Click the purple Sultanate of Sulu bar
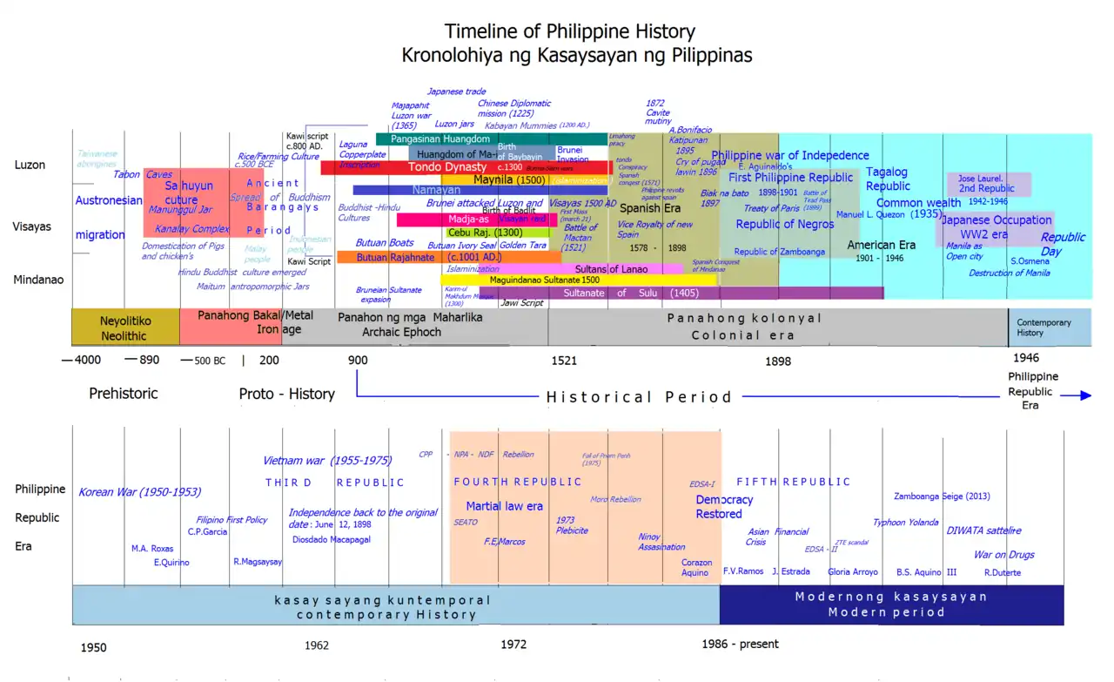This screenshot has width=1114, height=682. coord(661,294)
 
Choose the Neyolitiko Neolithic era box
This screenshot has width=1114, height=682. coord(125,327)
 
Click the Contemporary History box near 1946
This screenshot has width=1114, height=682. coord(1048,327)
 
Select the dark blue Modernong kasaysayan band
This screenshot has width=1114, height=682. coord(891,604)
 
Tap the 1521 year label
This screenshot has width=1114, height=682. coord(563,361)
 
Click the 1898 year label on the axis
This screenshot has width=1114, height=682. coord(778,361)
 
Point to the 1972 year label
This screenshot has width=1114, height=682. coord(513,645)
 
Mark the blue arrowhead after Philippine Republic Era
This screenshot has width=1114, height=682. coord(1083,395)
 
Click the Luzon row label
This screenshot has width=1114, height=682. coord(30,165)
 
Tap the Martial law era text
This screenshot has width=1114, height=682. coord(504,506)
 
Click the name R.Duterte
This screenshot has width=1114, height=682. coord(1003,572)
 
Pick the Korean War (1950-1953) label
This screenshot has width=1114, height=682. coord(139,492)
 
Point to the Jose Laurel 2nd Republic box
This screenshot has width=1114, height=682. coord(989,185)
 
